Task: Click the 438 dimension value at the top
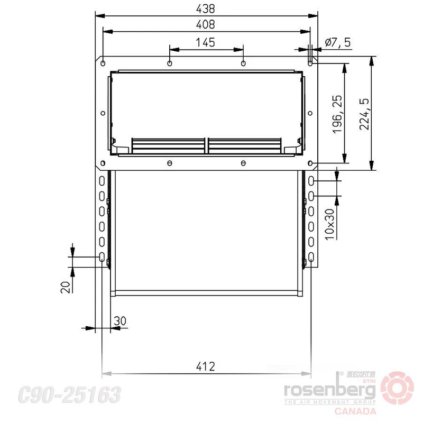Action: tap(205, 9)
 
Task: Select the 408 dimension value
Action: tap(205, 24)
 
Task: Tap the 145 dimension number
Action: tap(205, 43)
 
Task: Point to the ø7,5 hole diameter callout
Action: tap(338, 43)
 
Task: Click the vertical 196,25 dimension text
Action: tap(337, 114)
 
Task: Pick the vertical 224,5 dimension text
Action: tap(364, 114)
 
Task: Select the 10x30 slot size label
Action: tap(329, 224)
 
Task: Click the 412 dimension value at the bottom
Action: tap(205, 366)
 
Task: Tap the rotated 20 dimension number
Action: tap(65, 287)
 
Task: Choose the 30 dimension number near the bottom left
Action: tap(120, 321)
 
